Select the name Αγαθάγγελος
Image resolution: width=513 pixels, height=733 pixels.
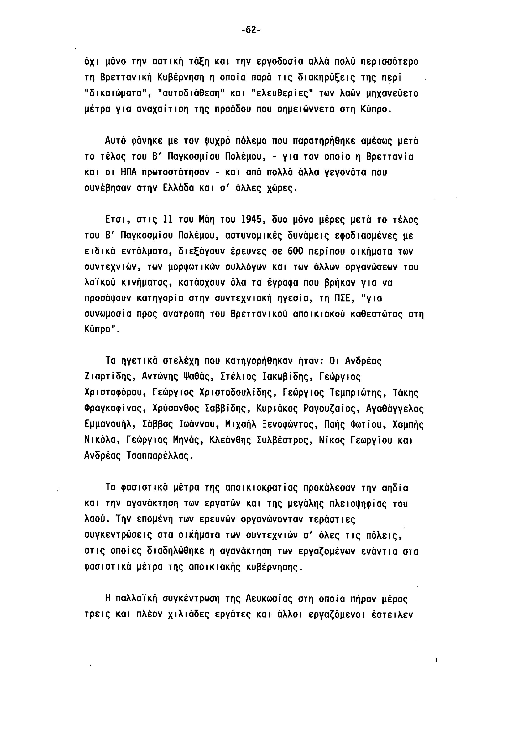tap(395, 409)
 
